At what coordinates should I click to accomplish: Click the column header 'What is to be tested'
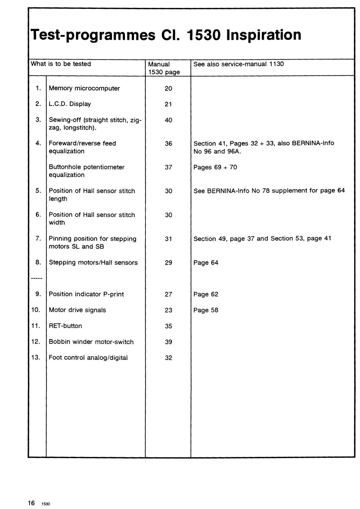[x=61, y=64]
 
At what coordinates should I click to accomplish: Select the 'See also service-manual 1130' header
[x=238, y=64]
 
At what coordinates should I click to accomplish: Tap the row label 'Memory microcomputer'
[x=84, y=88]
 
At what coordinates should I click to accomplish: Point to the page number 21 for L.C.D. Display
[x=168, y=104]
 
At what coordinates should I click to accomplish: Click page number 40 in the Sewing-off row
[x=168, y=120]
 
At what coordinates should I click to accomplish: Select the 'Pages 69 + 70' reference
[x=215, y=167]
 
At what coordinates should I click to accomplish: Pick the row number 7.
[x=38, y=239]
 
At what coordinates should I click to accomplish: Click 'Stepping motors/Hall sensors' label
[x=93, y=263]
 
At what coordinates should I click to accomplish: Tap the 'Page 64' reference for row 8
[x=206, y=263]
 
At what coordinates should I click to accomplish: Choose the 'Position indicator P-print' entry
[x=86, y=294]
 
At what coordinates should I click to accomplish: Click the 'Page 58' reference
[x=206, y=310]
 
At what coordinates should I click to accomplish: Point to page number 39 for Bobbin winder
[x=168, y=342]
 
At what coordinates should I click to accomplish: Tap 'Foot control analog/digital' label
[x=88, y=358]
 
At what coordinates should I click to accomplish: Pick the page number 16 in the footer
[x=31, y=503]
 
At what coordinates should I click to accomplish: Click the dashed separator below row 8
[x=37, y=279]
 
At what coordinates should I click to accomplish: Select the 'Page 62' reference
[x=206, y=294]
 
